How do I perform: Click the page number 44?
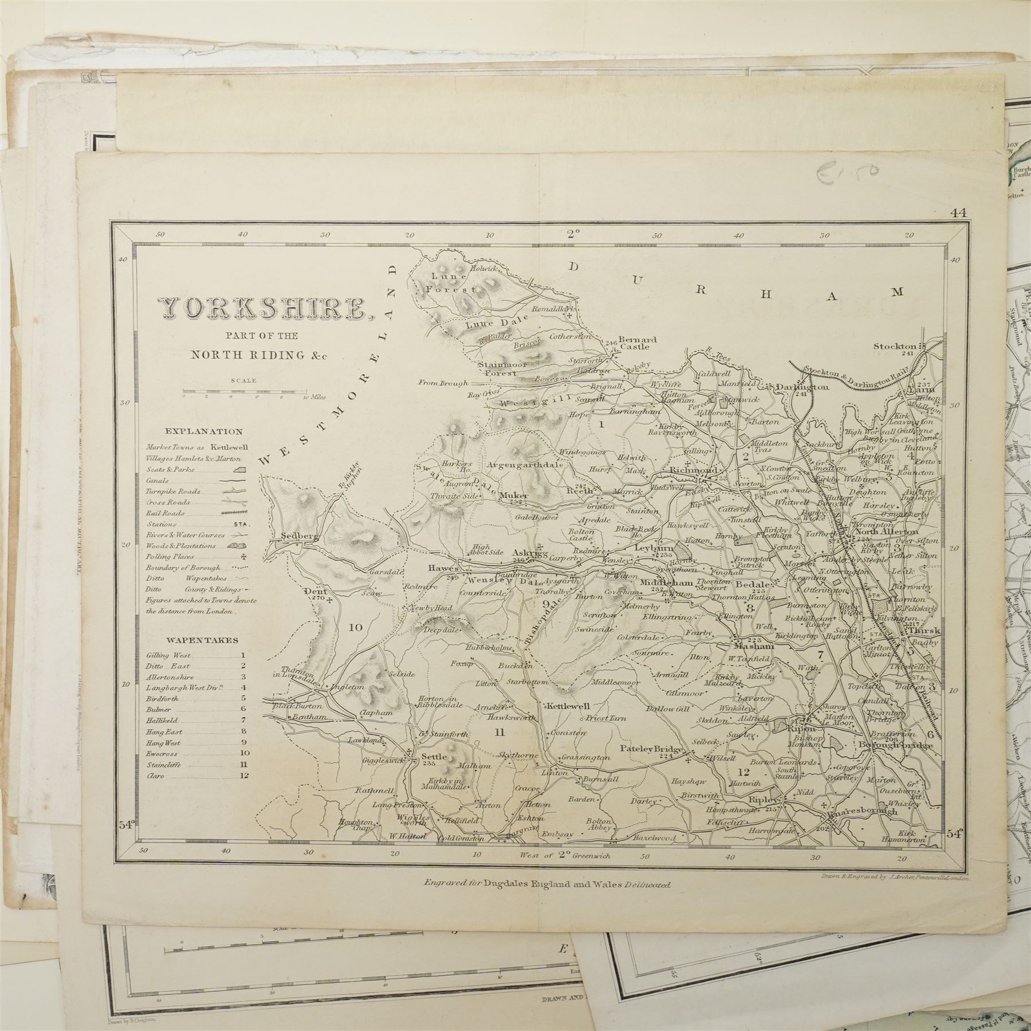click(x=958, y=213)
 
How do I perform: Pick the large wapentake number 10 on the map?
click(x=356, y=627)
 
